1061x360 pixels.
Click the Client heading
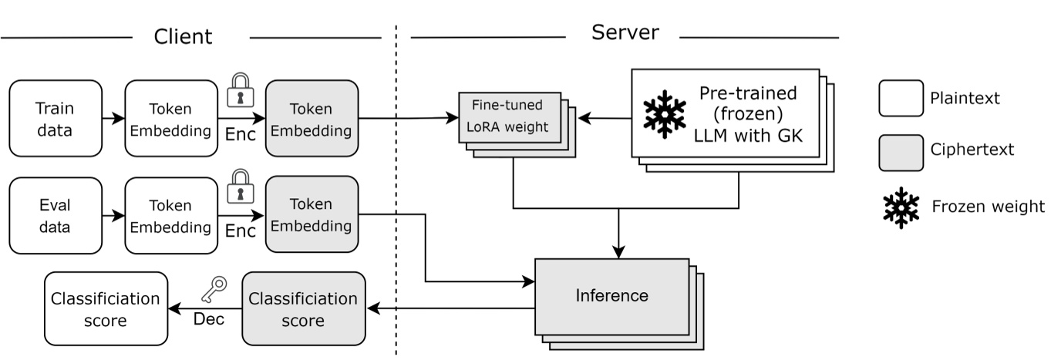tap(183, 36)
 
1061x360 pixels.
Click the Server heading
tap(625, 33)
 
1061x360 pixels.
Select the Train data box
tap(56, 118)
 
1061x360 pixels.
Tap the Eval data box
tap(56, 216)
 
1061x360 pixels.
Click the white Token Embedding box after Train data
tap(170, 118)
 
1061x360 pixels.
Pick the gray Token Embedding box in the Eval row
tap(311, 215)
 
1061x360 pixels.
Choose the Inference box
tap(613, 295)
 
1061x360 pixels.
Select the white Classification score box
tap(106, 308)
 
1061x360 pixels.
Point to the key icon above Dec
tap(213, 290)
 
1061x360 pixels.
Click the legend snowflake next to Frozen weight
tap(901, 207)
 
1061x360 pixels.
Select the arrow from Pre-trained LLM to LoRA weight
tap(605, 119)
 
